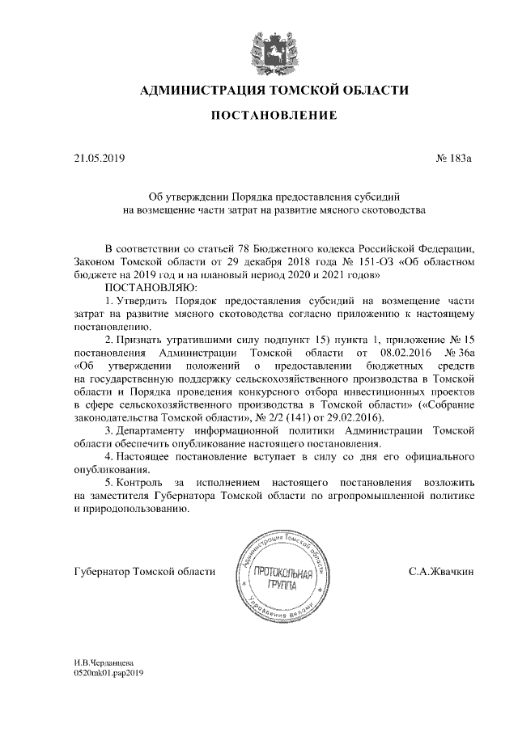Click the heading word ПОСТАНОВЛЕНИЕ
pyautogui.click(x=274, y=116)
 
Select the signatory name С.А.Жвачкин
pyautogui.click(x=441, y=572)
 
